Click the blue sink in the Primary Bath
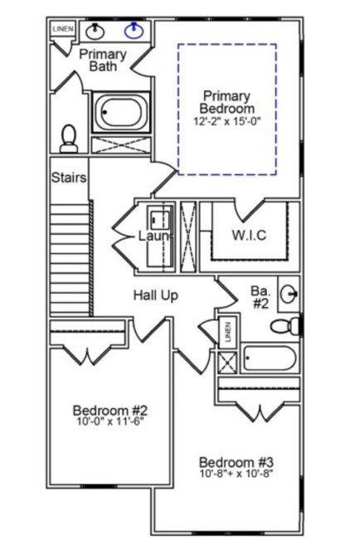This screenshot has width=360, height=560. point(134,31)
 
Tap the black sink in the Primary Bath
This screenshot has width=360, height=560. point(95,31)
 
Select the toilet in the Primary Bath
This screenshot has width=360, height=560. point(69,139)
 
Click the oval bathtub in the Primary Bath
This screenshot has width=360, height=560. point(121,112)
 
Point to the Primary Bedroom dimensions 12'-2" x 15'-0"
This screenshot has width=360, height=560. point(227,121)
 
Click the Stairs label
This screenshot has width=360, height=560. point(69,178)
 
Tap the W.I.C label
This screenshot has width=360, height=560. point(249,235)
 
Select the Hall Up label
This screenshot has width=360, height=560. point(156,295)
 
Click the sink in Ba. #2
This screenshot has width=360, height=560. point(289,295)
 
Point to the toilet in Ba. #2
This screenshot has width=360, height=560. point(285,326)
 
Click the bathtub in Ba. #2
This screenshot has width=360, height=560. point(270,358)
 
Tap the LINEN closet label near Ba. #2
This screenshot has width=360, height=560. point(228,332)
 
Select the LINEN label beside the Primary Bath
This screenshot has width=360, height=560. point(63,29)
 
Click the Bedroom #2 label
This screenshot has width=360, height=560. point(110,411)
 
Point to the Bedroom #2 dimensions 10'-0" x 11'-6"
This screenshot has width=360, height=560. point(110,421)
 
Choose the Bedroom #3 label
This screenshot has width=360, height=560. point(236,462)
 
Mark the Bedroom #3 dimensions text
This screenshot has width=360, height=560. point(236,474)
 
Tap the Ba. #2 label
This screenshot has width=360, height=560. point(260,297)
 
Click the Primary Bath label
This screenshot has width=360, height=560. point(103,60)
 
